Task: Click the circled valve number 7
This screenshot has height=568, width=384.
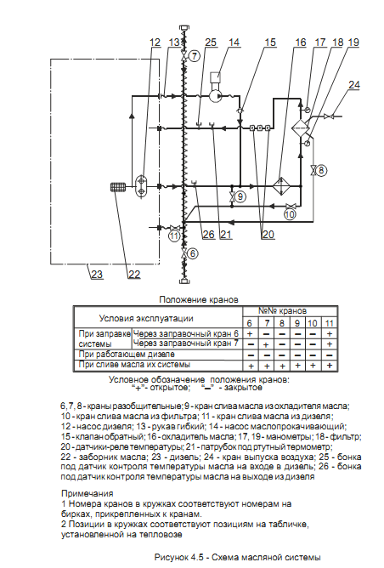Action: click(195, 56)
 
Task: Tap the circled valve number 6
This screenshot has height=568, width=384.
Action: click(193, 253)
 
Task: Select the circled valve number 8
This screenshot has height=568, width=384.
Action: click(322, 170)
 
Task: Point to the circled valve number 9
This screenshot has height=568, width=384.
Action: click(240, 196)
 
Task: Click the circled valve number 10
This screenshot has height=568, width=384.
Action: click(290, 214)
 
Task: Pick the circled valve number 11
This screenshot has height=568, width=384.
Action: click(174, 236)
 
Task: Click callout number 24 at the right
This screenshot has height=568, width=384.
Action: click(354, 84)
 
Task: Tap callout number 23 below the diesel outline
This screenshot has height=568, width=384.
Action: click(97, 274)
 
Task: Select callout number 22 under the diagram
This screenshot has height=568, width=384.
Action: click(134, 274)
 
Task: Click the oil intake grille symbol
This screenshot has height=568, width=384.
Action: click(117, 187)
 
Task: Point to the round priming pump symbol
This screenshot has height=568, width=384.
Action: click(216, 96)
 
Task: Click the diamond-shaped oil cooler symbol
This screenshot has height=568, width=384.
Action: click(281, 186)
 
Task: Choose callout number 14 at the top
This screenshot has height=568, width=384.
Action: click(234, 43)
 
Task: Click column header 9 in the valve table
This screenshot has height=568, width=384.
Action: click(297, 323)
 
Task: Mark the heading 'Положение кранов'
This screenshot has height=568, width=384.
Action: click(199, 300)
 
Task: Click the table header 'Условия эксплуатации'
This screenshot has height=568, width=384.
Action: click(146, 318)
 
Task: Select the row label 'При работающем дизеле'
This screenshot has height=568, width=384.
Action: click(127, 355)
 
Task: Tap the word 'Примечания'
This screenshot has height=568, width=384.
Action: click(88, 493)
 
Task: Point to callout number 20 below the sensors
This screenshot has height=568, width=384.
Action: click(268, 235)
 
